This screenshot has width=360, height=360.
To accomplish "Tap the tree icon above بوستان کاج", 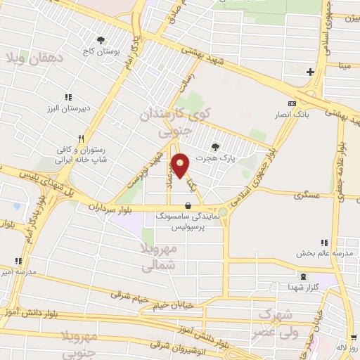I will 101,40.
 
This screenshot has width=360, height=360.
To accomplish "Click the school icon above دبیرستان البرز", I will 68,97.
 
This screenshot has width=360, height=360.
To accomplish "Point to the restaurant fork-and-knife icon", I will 82,139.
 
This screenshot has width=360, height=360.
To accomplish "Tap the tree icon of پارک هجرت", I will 214,146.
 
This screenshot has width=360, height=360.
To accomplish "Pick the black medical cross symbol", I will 310,72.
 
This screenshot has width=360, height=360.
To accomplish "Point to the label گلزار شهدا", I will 302,288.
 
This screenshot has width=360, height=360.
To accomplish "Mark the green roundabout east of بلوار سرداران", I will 223,212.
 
